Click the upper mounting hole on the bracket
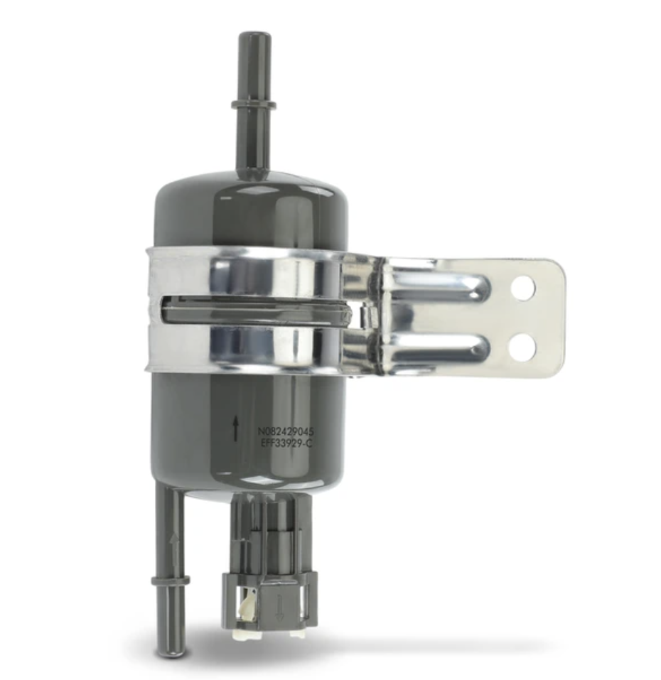523,288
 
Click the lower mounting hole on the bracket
522,347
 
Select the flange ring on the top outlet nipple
254,105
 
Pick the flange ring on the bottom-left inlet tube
171,581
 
